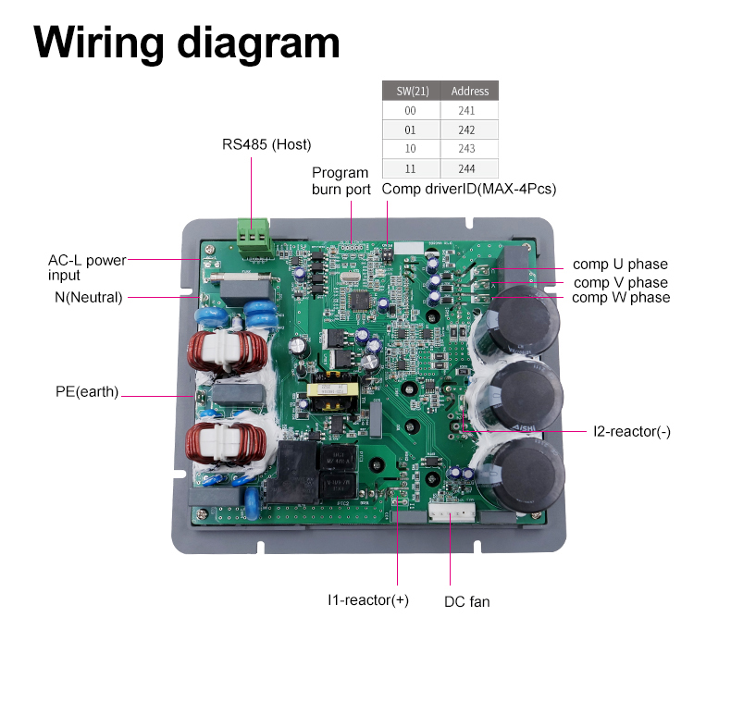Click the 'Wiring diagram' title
click(x=187, y=43)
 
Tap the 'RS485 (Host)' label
click(x=266, y=144)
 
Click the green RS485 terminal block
click(x=254, y=237)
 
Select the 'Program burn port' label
click(x=341, y=181)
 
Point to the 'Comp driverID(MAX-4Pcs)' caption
click(x=469, y=189)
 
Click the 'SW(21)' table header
click(x=412, y=91)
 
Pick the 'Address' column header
click(x=469, y=91)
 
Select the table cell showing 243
click(x=466, y=149)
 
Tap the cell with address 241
click(x=466, y=110)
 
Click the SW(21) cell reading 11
click(x=410, y=168)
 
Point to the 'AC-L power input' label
click(x=87, y=267)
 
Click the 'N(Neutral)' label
click(x=89, y=297)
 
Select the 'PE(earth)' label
click(x=87, y=391)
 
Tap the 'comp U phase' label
click(x=620, y=264)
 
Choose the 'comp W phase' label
click(x=621, y=298)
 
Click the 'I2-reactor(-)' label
click(x=632, y=432)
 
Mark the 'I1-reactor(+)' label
click(x=368, y=600)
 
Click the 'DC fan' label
click(x=467, y=602)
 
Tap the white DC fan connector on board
click(x=452, y=512)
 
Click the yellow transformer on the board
click(x=333, y=390)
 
